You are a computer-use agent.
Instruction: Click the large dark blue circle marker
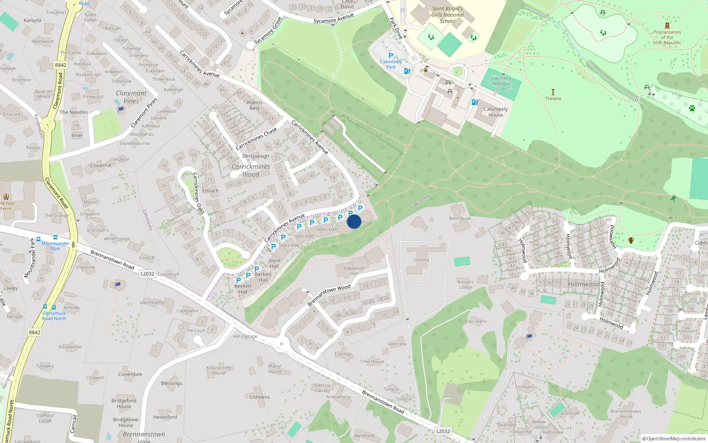(354, 221)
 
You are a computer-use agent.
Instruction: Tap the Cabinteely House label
(496, 112)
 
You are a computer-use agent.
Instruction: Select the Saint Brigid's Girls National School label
(447, 15)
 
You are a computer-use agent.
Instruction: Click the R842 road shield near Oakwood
(61, 65)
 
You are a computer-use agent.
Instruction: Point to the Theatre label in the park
(553, 98)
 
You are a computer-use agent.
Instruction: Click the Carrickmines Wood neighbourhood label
(250, 170)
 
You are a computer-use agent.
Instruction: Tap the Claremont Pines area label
(131, 97)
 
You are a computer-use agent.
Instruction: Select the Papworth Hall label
(354, 271)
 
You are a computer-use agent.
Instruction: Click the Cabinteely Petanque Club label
(501, 83)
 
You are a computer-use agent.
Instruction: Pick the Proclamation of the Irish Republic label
(667, 37)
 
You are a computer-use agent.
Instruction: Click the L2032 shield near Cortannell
(147, 274)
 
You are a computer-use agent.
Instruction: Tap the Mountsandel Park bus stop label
(55, 246)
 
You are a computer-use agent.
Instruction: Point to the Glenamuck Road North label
(54, 316)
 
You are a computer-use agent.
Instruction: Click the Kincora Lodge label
(466, 284)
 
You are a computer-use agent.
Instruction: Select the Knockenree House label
(219, 370)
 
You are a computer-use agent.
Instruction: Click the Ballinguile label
(460, 218)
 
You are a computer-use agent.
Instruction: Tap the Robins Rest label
(254, 105)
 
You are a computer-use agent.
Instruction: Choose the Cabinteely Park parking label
(391, 64)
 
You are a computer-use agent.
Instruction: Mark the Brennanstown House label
(626, 414)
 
